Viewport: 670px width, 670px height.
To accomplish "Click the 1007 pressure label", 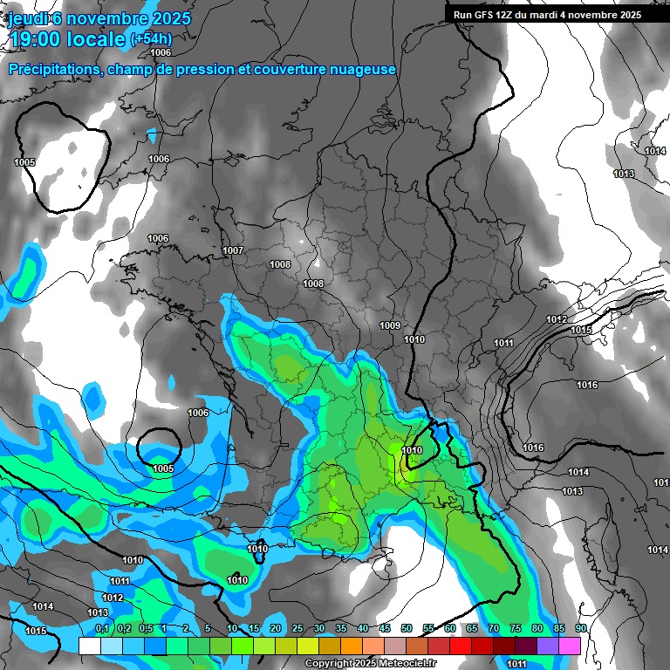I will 233,250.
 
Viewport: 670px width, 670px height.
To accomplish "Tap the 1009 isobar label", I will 390,325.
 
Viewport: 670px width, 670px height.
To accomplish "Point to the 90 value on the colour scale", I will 580,628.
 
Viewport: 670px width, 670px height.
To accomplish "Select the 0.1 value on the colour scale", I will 102,628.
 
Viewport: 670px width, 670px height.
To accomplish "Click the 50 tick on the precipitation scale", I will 407,628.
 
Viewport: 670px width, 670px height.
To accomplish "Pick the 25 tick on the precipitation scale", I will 297,628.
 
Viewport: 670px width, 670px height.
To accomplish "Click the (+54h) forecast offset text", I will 151,39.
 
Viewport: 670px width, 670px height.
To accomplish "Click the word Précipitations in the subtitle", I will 52,69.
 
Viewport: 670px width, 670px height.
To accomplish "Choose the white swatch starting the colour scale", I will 89,646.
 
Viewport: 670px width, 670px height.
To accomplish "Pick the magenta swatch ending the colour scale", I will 569,646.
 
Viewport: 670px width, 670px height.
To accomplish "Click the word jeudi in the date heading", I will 29,18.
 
